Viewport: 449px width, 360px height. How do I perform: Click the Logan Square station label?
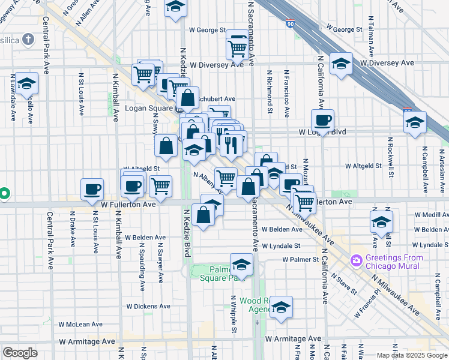[x=140, y=109]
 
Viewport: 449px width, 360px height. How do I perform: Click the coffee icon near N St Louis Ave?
[x=92, y=190]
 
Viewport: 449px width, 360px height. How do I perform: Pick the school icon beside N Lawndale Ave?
[x=26, y=83]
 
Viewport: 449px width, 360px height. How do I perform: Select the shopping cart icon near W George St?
[x=238, y=47]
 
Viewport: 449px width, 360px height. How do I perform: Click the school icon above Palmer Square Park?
[x=241, y=264]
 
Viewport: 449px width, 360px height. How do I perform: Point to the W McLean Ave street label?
[x=80, y=324]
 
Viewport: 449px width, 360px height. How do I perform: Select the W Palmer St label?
[x=301, y=259]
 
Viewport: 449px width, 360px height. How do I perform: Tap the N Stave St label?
[x=346, y=286]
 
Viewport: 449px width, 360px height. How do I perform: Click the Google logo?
[x=20, y=352]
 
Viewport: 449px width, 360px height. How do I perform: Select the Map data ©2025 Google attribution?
[x=412, y=355]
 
